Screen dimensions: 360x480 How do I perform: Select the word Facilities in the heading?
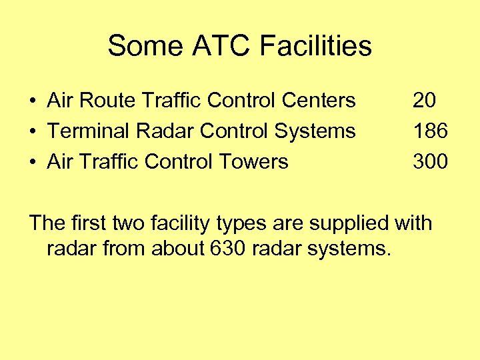(316, 47)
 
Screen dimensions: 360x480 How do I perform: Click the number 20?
(425, 101)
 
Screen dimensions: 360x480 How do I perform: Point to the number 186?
(430, 131)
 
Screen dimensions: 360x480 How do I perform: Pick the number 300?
(430, 161)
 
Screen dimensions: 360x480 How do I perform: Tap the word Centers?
(319, 101)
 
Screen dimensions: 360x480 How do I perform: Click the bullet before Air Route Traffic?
(33, 101)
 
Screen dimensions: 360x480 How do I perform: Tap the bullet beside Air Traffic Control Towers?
(33, 162)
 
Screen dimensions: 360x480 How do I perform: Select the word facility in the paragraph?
(183, 223)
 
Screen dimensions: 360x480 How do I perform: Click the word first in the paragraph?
(86, 223)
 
